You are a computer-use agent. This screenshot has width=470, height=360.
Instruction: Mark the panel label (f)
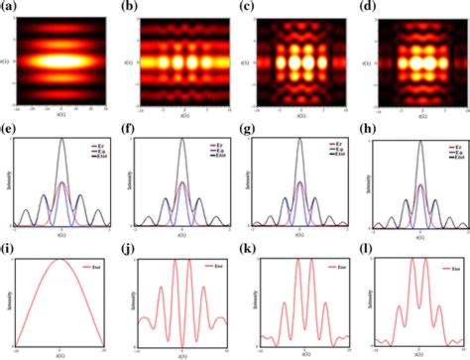[127, 125]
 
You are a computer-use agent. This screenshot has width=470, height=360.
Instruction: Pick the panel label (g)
[246, 125]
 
